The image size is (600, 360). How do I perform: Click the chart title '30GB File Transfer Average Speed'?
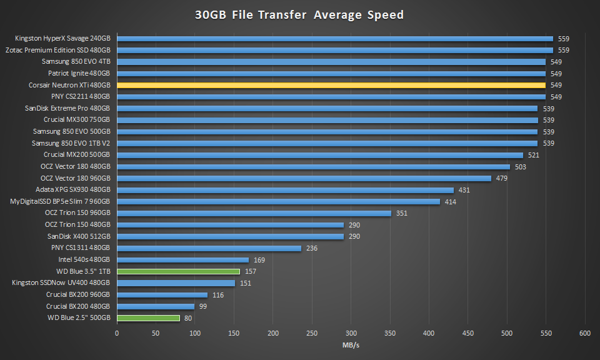click(300, 15)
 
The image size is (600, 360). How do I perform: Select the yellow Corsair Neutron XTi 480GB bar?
click(331, 85)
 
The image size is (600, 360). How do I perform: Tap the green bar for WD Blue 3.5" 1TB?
click(178, 271)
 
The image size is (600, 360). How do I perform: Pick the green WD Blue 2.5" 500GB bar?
click(148, 317)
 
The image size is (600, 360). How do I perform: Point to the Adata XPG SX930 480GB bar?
click(285, 190)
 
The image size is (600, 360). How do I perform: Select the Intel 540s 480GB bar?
click(182, 259)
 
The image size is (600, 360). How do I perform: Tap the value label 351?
click(401, 213)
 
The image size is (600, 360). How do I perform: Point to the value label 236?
click(311, 248)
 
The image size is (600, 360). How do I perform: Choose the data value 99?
click(202, 306)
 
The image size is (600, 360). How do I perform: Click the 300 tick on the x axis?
click(351, 333)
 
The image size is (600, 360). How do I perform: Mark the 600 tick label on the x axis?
click(585, 333)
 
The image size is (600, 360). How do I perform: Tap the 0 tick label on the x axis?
click(117, 333)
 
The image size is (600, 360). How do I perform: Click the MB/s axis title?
click(350, 346)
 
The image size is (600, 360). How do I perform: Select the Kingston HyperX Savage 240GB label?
click(62, 39)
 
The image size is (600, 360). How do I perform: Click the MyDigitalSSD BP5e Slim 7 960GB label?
click(60, 201)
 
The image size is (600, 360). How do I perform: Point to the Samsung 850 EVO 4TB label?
click(76, 62)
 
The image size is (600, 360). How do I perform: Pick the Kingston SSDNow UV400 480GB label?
click(61, 282)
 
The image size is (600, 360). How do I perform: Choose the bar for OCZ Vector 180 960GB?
click(304, 178)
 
